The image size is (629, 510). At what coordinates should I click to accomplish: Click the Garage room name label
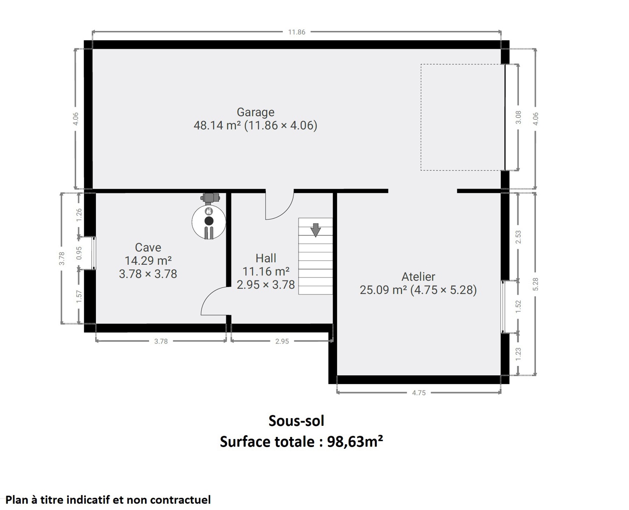[x=255, y=112]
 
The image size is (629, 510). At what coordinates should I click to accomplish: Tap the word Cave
[x=148, y=247]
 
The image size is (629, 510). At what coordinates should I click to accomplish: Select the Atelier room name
[x=418, y=277]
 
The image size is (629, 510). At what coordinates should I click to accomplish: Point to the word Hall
[x=266, y=258]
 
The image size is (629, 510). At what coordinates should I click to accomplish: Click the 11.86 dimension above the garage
[x=296, y=32]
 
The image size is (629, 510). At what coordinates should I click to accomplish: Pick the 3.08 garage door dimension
[x=518, y=117]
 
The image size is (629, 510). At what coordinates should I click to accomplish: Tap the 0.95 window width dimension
[x=79, y=253]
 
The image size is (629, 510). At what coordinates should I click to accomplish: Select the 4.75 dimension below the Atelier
[x=419, y=393]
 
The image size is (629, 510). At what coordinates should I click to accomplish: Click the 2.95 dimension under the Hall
[x=282, y=341]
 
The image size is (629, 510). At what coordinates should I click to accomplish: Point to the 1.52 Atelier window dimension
[x=518, y=307]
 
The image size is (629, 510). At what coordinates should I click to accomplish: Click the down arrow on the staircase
[x=316, y=230]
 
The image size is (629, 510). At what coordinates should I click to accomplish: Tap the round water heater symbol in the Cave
[x=209, y=221]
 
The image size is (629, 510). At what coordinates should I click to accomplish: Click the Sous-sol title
[x=296, y=421]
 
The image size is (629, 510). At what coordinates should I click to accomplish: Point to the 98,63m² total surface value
[x=355, y=442]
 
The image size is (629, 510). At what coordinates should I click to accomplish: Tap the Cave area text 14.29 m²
[x=148, y=261]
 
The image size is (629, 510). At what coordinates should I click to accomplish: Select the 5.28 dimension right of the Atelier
[x=536, y=284]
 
